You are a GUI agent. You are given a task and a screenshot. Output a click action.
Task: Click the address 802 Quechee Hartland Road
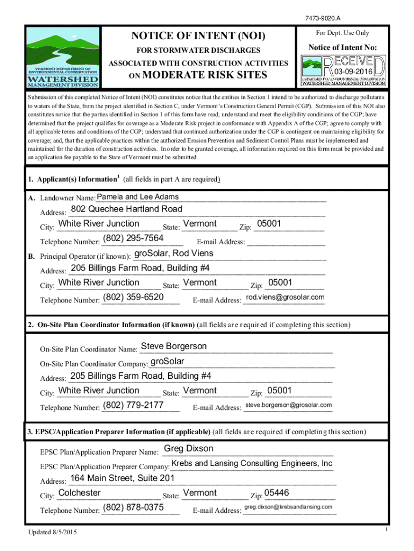point(126,209)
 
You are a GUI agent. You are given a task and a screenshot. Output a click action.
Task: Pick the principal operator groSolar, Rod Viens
point(173,253)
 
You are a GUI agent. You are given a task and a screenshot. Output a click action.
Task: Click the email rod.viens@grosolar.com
point(285,298)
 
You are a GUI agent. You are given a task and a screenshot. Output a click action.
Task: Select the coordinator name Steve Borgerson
point(173,346)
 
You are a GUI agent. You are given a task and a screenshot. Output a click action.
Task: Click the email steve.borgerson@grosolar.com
point(288,405)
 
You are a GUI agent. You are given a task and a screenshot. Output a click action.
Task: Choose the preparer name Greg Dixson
point(188,449)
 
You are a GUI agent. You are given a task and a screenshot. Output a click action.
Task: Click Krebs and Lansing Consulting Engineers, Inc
point(252,463)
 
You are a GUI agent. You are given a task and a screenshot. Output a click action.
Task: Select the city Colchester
point(79,492)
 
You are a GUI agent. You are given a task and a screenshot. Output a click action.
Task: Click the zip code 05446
point(277,492)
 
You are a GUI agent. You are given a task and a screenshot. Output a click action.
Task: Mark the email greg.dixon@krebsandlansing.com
point(288,507)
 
